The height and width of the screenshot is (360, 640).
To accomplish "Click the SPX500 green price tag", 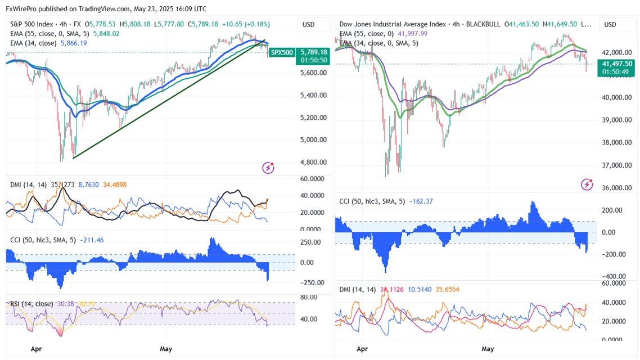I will pyautogui.click(x=282, y=52).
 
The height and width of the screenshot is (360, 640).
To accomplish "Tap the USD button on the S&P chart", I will pyautogui.click(x=308, y=25).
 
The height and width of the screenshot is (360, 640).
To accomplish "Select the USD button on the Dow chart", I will pyautogui.click(x=610, y=25).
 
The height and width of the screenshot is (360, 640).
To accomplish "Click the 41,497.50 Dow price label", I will pyautogui.click(x=618, y=64).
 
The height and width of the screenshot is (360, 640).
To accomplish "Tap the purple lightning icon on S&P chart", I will pyautogui.click(x=268, y=167).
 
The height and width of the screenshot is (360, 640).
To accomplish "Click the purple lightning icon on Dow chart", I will pyautogui.click(x=587, y=184).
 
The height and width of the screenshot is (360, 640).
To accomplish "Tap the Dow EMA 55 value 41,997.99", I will pyautogui.click(x=413, y=33).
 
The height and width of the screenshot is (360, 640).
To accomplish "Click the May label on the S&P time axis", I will pyautogui.click(x=166, y=349).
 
